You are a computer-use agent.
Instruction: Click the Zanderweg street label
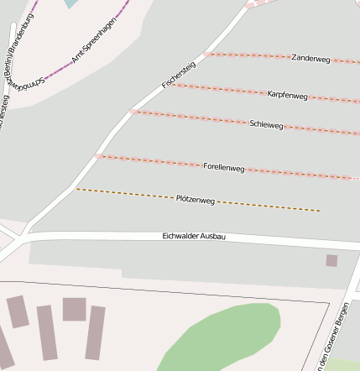pyautogui.click(x=310, y=59)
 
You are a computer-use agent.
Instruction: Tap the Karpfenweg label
pyautogui.click(x=288, y=95)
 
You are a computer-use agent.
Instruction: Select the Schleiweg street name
pyautogui.click(x=266, y=124)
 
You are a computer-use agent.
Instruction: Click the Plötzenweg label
pyautogui.click(x=196, y=200)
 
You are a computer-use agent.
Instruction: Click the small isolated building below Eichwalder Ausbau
pyautogui.click(x=331, y=260)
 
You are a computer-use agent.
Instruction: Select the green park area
pyautogui.click(x=227, y=336)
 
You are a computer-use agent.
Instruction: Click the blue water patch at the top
pyautogui.click(x=74, y=3)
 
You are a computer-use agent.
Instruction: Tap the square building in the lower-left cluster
pyautogui.click(x=74, y=309)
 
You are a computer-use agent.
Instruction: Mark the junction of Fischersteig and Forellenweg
pyautogui.click(x=98, y=156)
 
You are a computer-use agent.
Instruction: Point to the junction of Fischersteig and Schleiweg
pyautogui.click(x=133, y=111)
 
